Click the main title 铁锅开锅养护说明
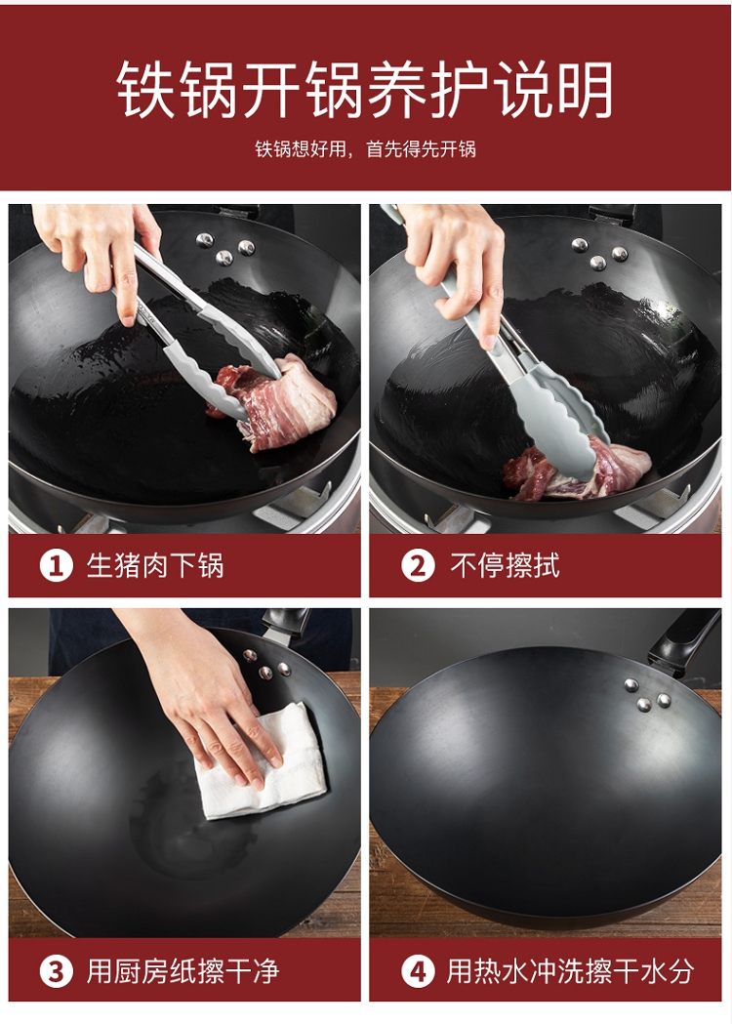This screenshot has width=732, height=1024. (365, 90)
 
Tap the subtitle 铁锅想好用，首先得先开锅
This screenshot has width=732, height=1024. (365, 149)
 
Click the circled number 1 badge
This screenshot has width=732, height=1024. (56, 565)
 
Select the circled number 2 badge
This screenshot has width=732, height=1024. (418, 565)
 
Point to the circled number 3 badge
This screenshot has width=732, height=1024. (56, 971)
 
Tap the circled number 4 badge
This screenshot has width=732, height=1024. (418, 971)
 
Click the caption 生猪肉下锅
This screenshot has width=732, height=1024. (155, 565)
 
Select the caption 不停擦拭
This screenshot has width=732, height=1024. (505, 565)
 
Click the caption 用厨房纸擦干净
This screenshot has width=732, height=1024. (183, 971)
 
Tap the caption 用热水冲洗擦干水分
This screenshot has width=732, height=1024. (570, 971)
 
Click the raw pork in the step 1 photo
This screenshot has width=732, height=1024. (273, 402)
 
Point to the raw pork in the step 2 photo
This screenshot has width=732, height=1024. (575, 469)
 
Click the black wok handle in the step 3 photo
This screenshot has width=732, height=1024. (286, 623)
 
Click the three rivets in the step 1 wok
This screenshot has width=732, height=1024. (225, 248)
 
